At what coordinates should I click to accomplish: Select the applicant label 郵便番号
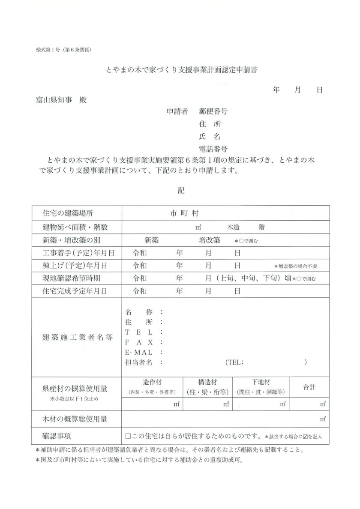[213, 112]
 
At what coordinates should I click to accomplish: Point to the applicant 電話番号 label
[213, 149]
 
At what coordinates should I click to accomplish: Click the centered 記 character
[181, 190]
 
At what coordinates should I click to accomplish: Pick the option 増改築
[209, 240]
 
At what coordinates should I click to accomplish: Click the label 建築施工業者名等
[78, 337]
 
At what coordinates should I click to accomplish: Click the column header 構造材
[207, 382]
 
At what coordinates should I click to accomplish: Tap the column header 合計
[309, 387]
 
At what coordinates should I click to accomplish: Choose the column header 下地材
[261, 382]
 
